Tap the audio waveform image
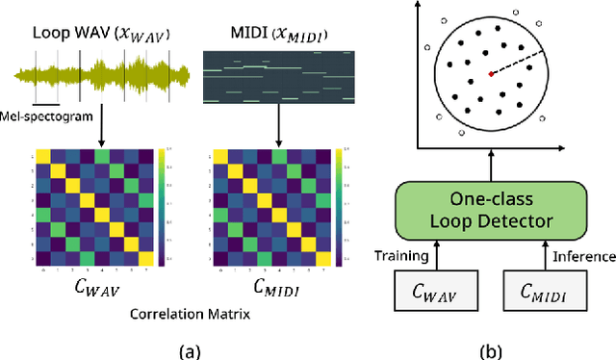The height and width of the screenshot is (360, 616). [x=96, y=75]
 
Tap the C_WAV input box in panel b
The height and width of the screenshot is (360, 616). [x=438, y=293]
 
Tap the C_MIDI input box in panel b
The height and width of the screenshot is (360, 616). [x=544, y=293]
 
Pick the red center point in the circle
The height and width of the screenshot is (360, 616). [x=491, y=74]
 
